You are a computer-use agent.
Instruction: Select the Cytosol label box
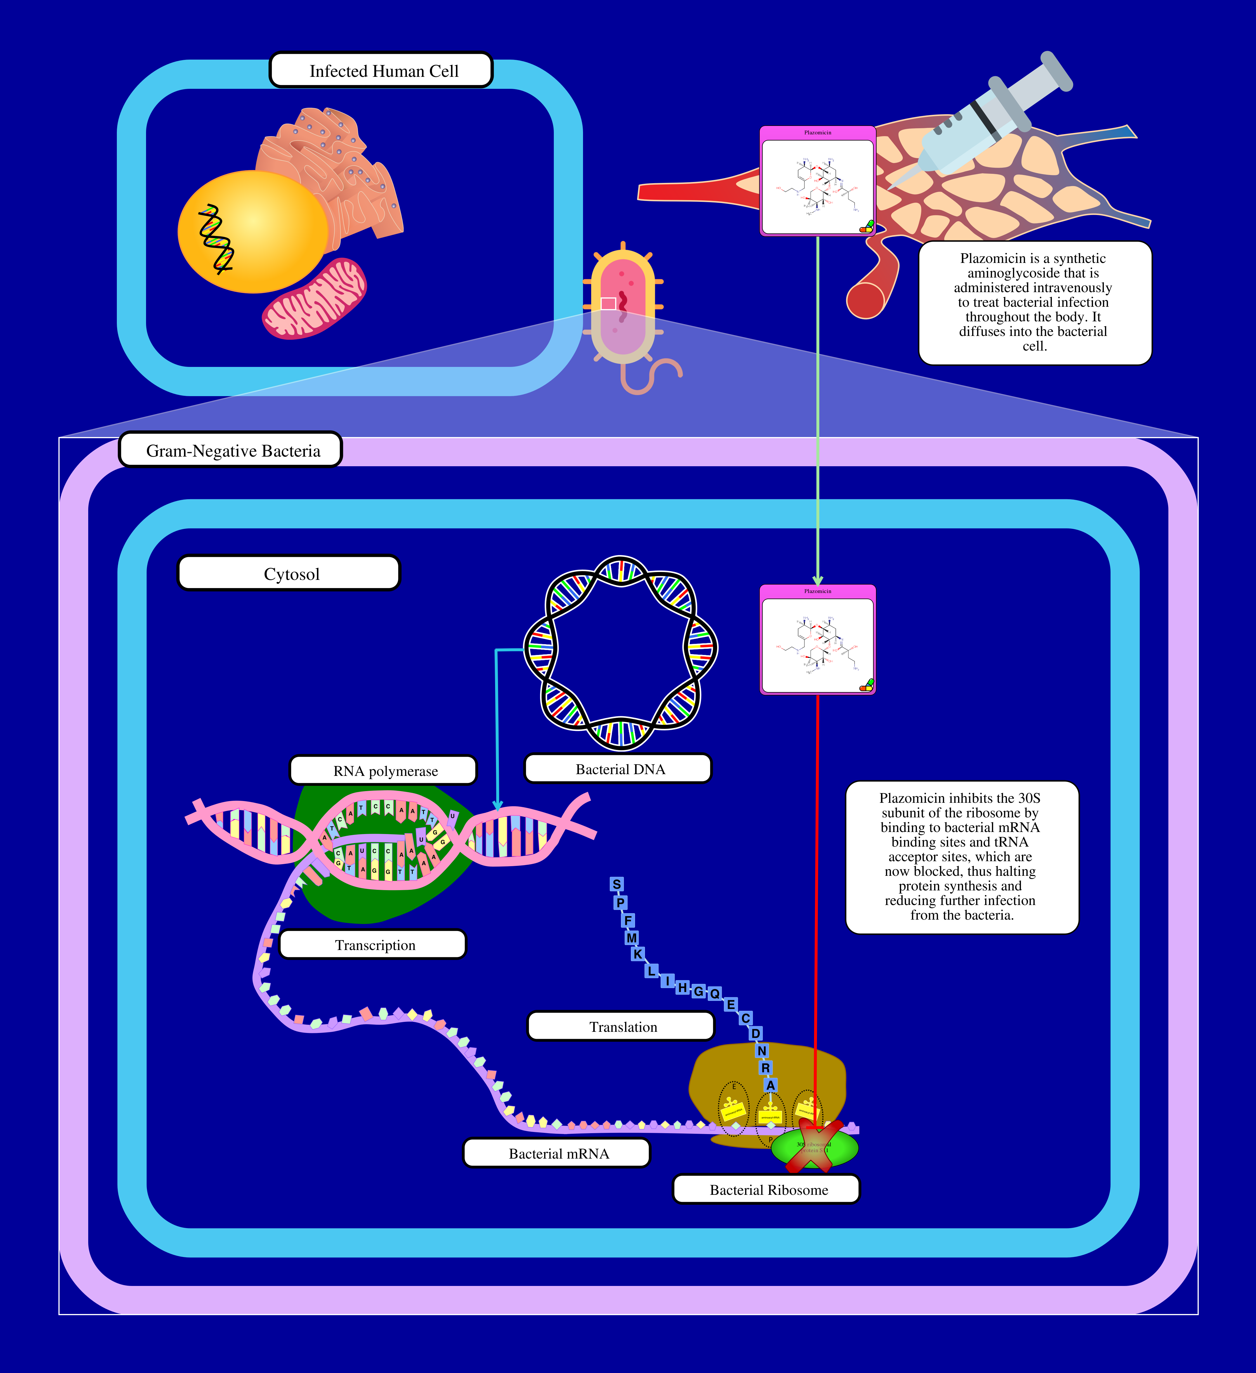coord(289,573)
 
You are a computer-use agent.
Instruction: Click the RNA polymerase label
coord(384,770)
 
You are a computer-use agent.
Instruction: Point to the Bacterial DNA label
coord(618,769)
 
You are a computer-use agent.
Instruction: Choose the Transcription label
coord(373,945)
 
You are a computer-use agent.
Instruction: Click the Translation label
coord(621,1026)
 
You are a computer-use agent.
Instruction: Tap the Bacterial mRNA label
coord(556,1153)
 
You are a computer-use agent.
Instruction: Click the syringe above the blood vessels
coord(981,123)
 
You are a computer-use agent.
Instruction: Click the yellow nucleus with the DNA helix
coord(252,232)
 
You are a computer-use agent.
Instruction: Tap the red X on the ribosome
coord(814,1146)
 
